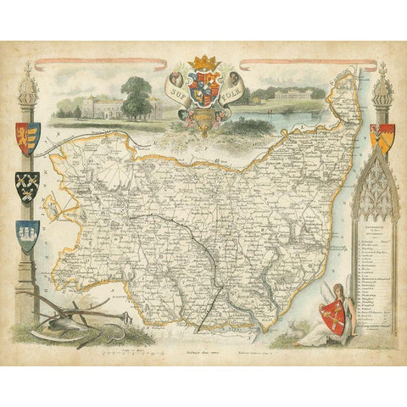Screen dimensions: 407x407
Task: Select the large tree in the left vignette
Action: [136, 95]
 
